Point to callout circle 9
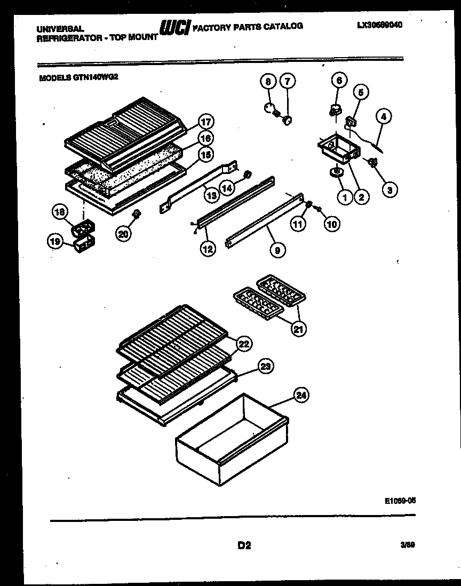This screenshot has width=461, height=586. pos(277,249)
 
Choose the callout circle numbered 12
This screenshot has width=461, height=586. pos(209,248)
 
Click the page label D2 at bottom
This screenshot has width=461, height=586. pos(244,545)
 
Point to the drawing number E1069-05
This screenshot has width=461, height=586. pos(400,501)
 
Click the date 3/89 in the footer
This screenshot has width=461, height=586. pos(407,544)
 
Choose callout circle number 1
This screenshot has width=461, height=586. pos(344,198)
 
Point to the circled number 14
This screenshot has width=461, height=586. pos(227,187)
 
